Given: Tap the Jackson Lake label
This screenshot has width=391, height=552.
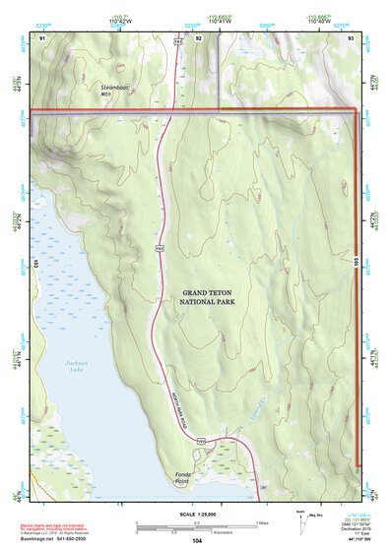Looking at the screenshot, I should [x=59, y=372].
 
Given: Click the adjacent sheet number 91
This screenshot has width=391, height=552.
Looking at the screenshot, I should [x=42, y=36].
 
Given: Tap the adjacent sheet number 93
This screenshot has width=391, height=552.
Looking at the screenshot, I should [x=352, y=36].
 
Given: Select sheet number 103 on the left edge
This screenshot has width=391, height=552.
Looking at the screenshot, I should [x=34, y=264].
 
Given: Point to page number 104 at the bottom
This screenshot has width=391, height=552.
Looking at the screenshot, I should [x=197, y=541].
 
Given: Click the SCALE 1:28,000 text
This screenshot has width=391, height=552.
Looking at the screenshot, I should [x=197, y=512].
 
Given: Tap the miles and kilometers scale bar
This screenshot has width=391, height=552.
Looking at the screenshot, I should [x=197, y=524].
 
